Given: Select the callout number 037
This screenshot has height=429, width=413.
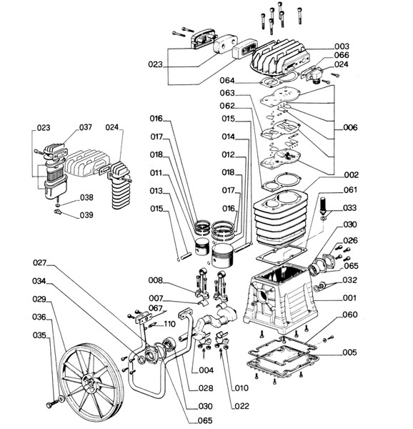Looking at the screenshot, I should coord(86,127).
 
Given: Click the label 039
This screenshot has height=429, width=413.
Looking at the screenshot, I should coord(86,215).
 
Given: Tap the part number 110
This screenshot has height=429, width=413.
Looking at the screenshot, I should coord(169,324).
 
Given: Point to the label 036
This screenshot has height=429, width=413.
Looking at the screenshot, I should coord(39,317).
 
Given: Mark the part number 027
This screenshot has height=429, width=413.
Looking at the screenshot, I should coord(39,261).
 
